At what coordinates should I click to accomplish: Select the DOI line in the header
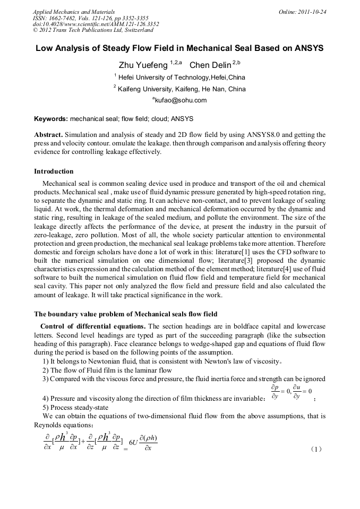pos(96,24)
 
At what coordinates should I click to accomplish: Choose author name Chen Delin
pos(210,65)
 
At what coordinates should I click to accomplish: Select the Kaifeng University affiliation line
pos(181,89)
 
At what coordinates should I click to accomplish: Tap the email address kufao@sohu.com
pos(181,100)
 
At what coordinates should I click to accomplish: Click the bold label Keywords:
pos(51,119)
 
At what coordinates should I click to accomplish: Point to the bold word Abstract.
pos(49,135)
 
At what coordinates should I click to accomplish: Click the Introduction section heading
pos(54,171)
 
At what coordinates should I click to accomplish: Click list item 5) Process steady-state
pos(74,407)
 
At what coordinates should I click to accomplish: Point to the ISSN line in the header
pos(90,18)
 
